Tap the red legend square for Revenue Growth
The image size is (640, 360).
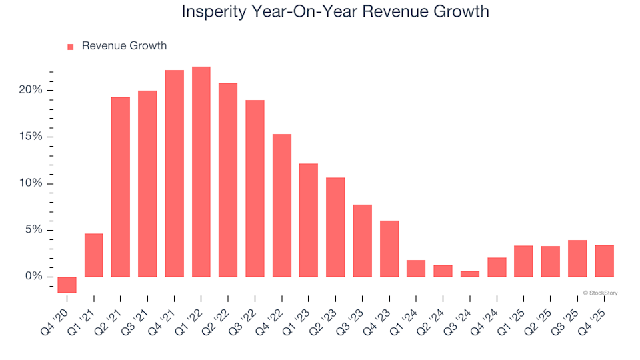tap(71, 47)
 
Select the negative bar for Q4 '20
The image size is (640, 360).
tap(67, 285)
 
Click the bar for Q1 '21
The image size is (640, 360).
tap(94, 255)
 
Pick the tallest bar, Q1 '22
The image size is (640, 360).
tap(201, 171)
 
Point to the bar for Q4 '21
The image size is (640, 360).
tap(175, 173)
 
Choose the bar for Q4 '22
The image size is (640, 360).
tap(282, 205)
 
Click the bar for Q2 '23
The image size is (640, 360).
tap(335, 227)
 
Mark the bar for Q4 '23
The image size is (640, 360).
tap(389, 248)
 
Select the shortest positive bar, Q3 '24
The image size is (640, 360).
tap(470, 273)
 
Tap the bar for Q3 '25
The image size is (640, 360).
tap(577, 258)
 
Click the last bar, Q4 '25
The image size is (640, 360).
tap(604, 261)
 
